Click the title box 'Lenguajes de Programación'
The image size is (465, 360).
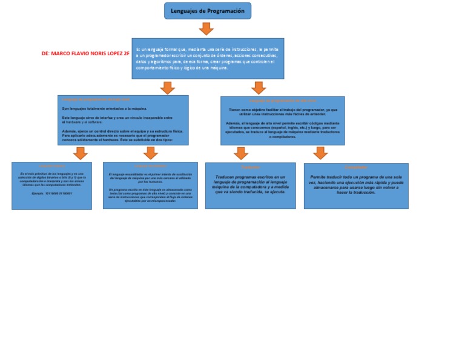tap(207, 11)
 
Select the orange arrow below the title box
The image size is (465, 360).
tap(206, 28)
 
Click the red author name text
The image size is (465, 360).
tap(85, 53)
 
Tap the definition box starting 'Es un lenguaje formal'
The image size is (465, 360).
tap(207, 58)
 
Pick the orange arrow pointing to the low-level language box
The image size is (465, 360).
tap(168, 88)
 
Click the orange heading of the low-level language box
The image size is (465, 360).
tap(97, 99)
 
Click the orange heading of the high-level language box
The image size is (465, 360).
tap(283, 101)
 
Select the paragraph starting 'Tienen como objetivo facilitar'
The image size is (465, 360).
tap(283, 112)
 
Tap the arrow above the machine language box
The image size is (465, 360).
tap(80, 153)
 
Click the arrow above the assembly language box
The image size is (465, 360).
tap(150, 153)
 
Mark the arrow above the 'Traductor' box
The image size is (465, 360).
tap(241, 153)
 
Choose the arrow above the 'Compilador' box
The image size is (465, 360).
tap(320, 153)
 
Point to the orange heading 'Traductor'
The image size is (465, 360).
tap(250, 167)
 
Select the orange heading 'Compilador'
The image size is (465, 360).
tap(355, 168)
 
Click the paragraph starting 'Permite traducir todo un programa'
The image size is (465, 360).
tap(356, 184)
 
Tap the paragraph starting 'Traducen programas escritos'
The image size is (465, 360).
tap(250, 184)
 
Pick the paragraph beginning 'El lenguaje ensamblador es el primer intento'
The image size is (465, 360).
tap(150, 178)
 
